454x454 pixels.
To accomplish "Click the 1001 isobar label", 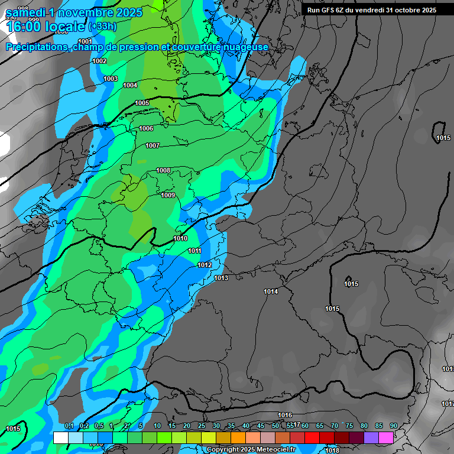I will click(85, 41).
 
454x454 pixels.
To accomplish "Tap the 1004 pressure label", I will click(130, 85).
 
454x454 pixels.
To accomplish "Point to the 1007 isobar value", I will click(153, 145).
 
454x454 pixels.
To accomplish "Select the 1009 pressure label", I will click(168, 195).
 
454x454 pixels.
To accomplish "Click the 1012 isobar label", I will click(205, 265).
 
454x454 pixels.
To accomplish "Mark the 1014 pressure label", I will click(271, 291).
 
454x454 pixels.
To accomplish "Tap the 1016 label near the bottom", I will click(285, 415).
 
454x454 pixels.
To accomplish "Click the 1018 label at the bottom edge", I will click(332, 450).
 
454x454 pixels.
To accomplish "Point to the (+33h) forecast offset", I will click(102, 27).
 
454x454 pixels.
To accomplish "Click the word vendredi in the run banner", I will click(369, 10).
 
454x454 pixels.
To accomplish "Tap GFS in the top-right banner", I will click(329, 10).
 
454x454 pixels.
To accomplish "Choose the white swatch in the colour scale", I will click(60, 437).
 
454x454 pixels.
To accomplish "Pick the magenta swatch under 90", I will click(386, 437).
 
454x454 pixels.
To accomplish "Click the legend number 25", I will click(201, 426).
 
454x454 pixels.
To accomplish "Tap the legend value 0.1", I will click(69, 426).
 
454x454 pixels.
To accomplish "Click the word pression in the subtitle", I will click(142, 47).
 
